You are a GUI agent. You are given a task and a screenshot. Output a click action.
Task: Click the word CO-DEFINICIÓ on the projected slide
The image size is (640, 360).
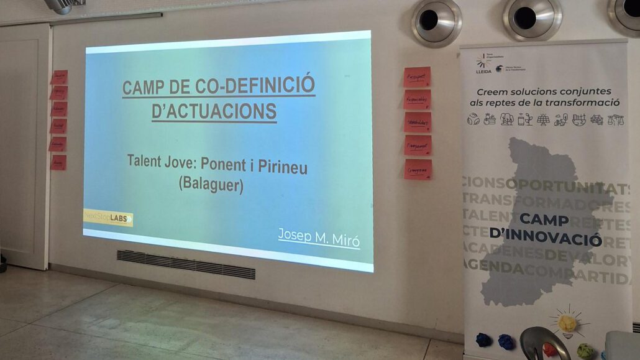click(x=262, y=86)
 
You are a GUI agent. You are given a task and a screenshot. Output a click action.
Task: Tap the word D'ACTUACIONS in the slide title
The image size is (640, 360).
click(x=214, y=111)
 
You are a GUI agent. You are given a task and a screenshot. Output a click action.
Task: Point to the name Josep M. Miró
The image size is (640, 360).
click(x=318, y=236)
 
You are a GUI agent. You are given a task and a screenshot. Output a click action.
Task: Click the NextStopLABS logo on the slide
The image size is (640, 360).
click(x=108, y=217)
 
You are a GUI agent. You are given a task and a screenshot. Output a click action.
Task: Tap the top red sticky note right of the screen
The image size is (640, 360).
click(x=417, y=77)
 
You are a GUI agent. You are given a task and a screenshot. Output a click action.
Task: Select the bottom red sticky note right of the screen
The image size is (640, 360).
click(x=418, y=169)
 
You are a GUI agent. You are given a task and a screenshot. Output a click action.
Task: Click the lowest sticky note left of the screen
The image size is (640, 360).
click(x=58, y=163)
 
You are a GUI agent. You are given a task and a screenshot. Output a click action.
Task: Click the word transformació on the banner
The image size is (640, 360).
click(x=581, y=103)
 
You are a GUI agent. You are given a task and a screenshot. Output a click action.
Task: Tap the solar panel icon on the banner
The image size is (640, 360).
click(x=543, y=119)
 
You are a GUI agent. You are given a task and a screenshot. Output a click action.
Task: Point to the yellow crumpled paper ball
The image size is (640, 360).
click(x=567, y=323)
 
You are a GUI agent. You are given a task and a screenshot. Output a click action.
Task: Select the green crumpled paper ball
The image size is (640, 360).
click(x=585, y=350)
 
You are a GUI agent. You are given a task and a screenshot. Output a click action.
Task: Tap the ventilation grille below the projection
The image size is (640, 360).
click(x=186, y=264)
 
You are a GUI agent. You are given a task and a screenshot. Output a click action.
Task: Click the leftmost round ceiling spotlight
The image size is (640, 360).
click(x=436, y=21)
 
